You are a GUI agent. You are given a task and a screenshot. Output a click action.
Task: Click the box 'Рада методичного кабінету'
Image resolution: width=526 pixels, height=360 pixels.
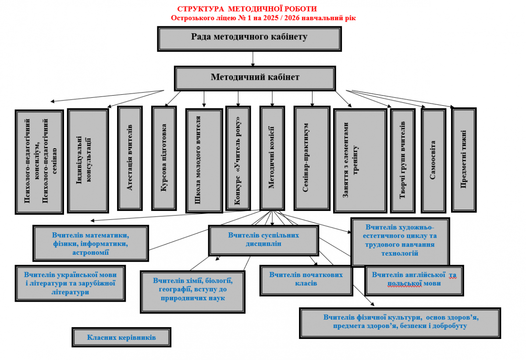[x=249, y=38]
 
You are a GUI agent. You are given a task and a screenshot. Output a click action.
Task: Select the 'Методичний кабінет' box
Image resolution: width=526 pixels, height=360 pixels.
[x=255, y=78]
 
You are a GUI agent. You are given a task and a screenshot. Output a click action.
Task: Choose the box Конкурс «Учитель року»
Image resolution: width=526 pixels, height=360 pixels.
[x=238, y=158]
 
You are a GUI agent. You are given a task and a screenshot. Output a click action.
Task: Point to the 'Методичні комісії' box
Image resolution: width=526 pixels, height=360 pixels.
[x=272, y=159]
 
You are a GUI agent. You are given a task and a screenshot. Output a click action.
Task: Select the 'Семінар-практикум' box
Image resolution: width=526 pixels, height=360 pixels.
[x=311, y=158]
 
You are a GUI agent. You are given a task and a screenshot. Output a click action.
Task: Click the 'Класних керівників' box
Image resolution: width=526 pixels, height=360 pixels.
[x=121, y=337]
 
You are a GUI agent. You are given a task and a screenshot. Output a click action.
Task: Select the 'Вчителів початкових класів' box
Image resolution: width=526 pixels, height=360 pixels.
[x=306, y=279]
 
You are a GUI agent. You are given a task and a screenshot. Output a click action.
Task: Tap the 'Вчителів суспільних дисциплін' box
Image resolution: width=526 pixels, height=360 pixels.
[x=263, y=239]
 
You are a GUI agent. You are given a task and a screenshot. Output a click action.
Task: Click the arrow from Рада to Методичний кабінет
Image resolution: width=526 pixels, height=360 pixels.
[x=253, y=58]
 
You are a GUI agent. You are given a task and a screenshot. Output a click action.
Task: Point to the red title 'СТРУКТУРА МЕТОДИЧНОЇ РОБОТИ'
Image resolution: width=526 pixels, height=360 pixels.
[x=247, y=9]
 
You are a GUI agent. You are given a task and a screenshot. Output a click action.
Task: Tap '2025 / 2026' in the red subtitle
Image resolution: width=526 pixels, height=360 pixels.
[x=284, y=18]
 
